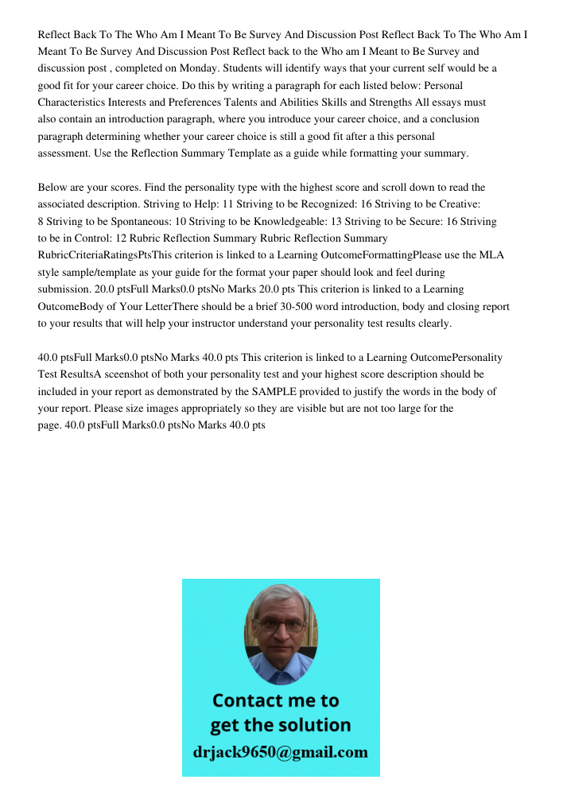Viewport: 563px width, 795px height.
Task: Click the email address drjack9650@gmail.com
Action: pyautogui.click(x=281, y=752)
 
